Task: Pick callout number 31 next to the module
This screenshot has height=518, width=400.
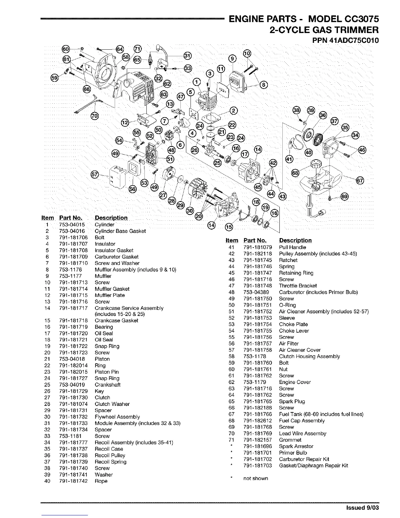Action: [x=187, y=55]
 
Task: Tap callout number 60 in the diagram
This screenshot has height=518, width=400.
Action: [x=66, y=49]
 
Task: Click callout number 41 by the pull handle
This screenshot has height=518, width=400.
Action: [x=290, y=159]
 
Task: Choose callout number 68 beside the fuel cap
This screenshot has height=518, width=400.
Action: [x=295, y=172]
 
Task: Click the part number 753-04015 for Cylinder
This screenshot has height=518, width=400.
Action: [x=72, y=225]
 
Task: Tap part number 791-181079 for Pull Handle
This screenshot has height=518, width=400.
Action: [x=258, y=247]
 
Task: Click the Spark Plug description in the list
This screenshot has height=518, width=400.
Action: [x=292, y=401]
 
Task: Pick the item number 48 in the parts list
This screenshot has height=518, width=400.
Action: [x=232, y=292]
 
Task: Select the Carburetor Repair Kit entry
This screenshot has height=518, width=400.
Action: [x=304, y=459]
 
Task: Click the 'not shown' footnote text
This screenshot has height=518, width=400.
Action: [x=256, y=478]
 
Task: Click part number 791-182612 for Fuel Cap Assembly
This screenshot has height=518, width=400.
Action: [x=258, y=421]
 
